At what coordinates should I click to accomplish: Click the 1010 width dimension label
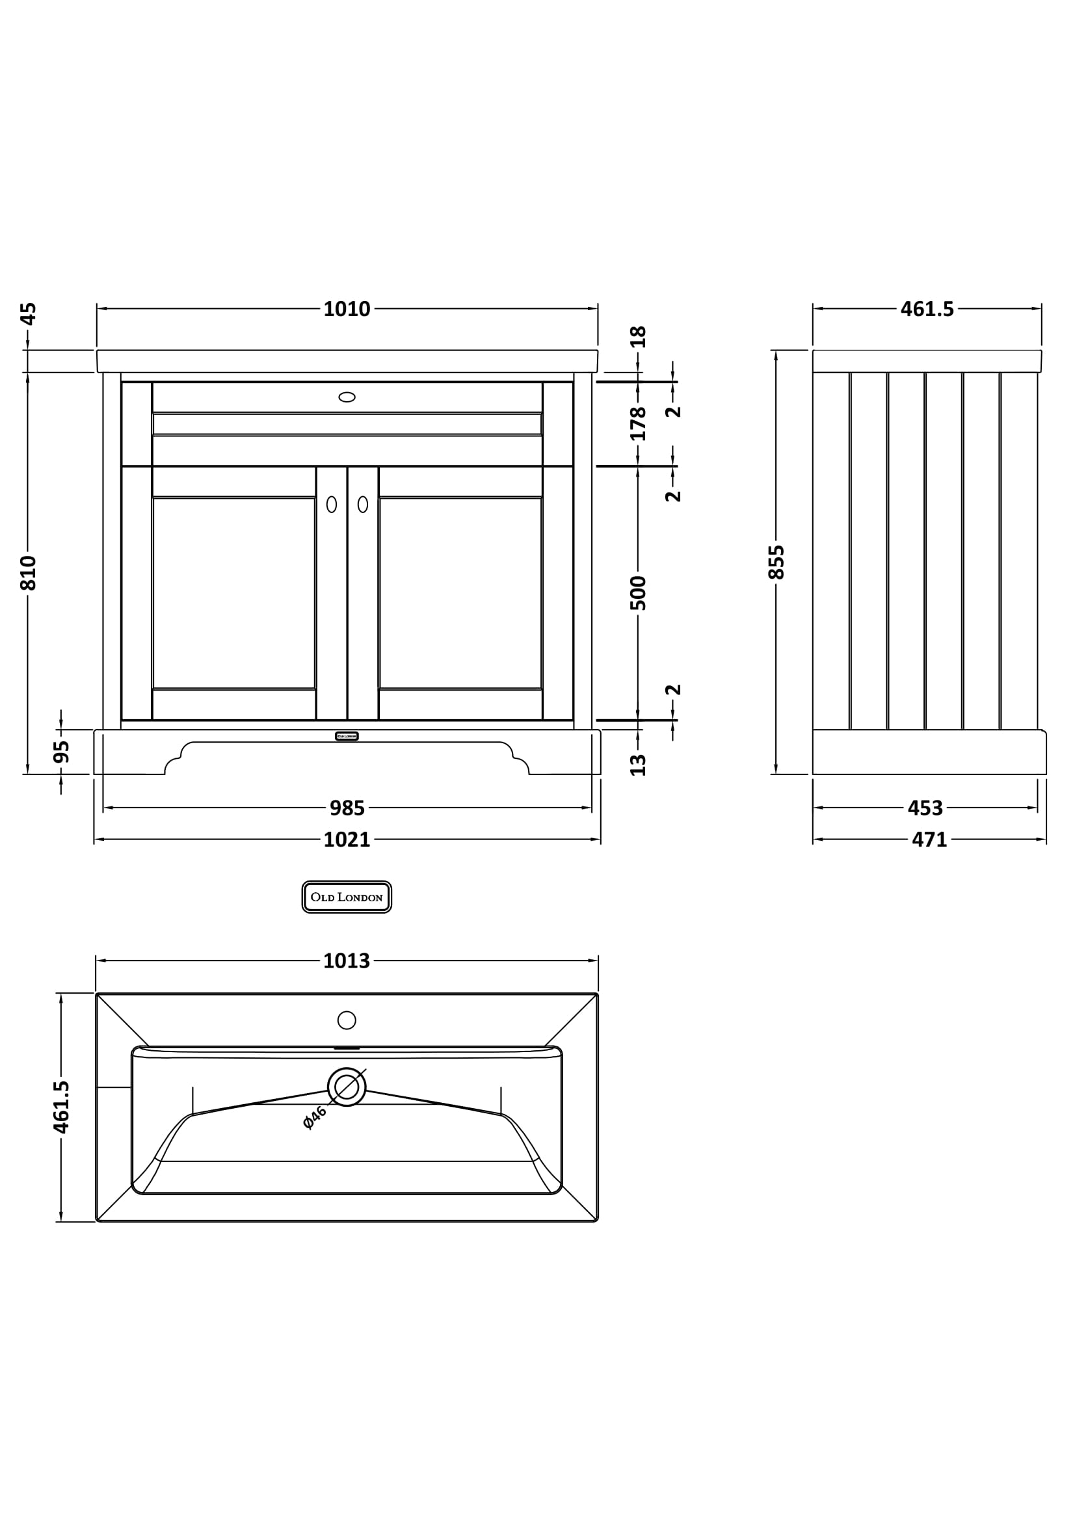tap(347, 309)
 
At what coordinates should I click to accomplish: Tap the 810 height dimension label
tap(28, 573)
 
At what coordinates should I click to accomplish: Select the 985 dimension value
tap(347, 808)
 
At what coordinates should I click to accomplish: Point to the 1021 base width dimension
tap(347, 840)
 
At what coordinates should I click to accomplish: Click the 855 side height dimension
tap(776, 562)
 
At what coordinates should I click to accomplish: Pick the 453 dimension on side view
tap(925, 808)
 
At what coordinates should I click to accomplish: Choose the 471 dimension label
tap(929, 840)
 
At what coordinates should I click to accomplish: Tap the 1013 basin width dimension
tap(347, 960)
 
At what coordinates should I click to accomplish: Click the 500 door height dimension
tap(638, 593)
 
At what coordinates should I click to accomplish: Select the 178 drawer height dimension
tap(638, 424)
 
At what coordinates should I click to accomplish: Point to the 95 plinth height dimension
tap(61, 752)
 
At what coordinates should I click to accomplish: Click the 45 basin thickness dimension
tap(28, 313)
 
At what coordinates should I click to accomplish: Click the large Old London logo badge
tap(347, 897)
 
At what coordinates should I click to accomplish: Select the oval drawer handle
tap(347, 397)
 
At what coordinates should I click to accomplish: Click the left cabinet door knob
tap(331, 504)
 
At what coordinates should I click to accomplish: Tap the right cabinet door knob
tap(363, 504)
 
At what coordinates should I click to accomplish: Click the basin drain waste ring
tap(347, 1087)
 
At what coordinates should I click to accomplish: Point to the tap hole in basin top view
tap(347, 1020)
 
